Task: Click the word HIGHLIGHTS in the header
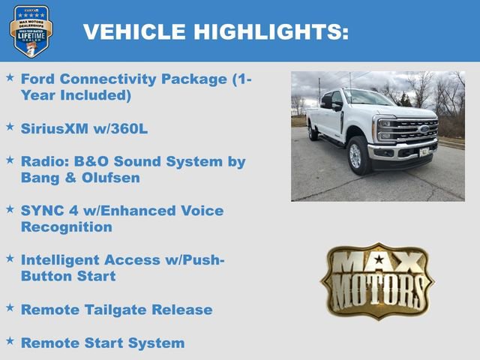(271, 31)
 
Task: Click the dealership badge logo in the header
(31, 31)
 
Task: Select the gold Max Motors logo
(377, 280)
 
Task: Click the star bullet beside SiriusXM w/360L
(10, 127)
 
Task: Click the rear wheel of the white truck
(312, 132)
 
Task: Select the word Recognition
(67, 226)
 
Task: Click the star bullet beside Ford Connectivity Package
(10, 77)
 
